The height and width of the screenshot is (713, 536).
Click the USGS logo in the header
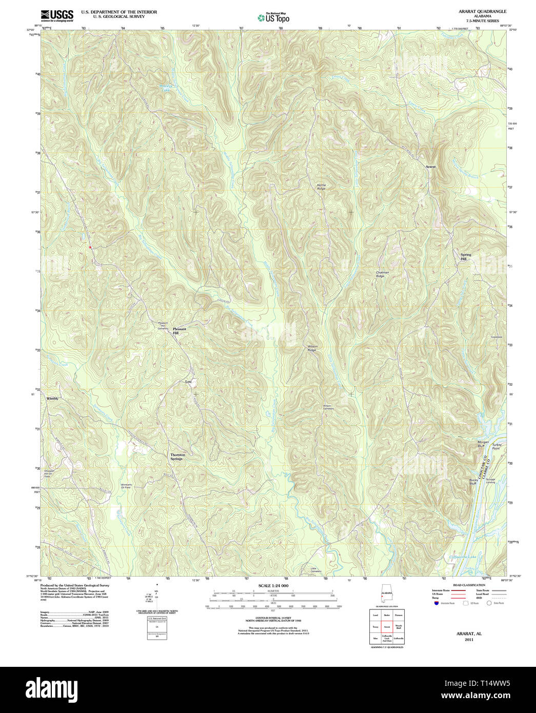(57, 15)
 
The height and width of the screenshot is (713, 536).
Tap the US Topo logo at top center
(273, 18)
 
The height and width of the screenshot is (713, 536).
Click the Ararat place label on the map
(430, 167)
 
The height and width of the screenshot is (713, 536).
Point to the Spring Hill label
(465, 257)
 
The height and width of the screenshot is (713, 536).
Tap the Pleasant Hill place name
(179, 331)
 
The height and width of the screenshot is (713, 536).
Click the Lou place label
(188, 382)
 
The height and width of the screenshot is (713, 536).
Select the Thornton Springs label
(177, 457)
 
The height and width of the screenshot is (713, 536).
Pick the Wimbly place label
(52, 399)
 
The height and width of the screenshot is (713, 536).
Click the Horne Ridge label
(321, 187)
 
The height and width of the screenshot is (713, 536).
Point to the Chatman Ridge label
(382, 274)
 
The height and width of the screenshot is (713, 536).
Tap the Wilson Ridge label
(312, 348)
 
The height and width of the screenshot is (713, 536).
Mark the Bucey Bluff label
(473, 482)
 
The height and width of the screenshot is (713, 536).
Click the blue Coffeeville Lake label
(463, 557)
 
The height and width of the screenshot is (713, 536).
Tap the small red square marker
(90, 247)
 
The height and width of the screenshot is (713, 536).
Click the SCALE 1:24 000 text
(273, 586)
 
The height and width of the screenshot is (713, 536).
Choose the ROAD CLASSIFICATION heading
(469, 585)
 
